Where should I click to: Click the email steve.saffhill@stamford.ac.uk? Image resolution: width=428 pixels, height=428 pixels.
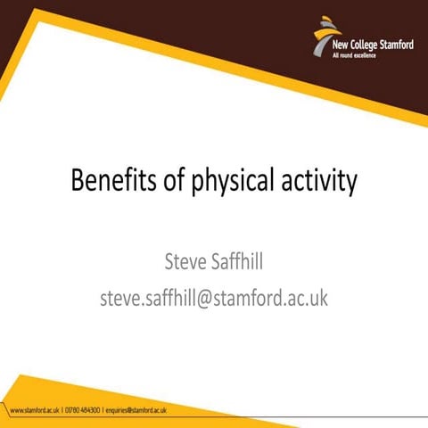[214, 297]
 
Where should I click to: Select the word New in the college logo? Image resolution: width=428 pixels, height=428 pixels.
[340, 45]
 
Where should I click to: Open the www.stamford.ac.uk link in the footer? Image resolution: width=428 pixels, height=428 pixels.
[34, 411]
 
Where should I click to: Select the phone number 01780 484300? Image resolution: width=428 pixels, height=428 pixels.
[83, 411]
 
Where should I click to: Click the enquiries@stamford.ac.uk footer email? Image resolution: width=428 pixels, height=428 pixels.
[136, 411]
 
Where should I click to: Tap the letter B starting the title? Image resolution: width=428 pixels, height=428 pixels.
[78, 181]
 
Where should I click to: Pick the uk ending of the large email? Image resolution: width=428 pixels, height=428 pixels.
[318, 297]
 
